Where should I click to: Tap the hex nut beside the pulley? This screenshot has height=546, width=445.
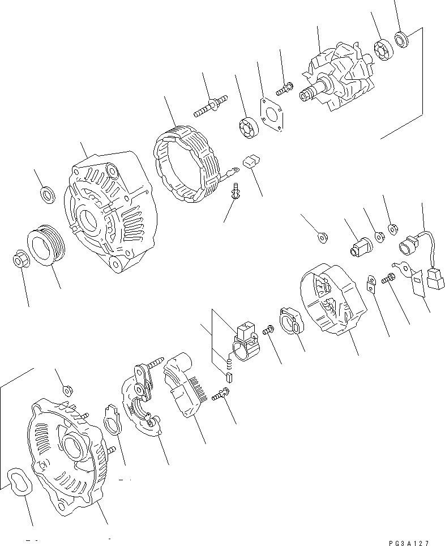[x=19, y=259]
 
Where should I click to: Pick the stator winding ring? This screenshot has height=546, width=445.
[x=185, y=165]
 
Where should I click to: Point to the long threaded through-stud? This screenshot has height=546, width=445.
[x=210, y=106]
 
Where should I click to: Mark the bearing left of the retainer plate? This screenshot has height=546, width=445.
[x=247, y=126]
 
